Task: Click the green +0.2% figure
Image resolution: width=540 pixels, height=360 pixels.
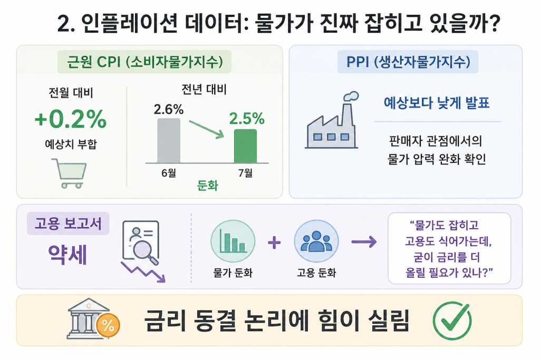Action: [x=71, y=119]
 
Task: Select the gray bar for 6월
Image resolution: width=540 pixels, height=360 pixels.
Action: [x=169, y=140]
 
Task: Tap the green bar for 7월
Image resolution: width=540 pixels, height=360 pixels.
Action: [x=245, y=146]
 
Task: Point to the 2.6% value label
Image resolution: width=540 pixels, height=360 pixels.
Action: [x=168, y=110]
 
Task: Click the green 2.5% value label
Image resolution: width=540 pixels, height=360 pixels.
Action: [x=247, y=119]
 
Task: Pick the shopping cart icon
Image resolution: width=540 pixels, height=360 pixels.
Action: [x=69, y=173]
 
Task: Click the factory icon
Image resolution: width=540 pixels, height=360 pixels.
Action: [x=332, y=120]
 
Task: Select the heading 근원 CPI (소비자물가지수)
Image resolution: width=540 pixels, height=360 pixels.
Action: [x=144, y=62]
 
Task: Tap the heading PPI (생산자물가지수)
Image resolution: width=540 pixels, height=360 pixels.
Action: [x=408, y=62]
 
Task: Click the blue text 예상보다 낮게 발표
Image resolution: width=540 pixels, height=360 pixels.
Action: [x=437, y=103]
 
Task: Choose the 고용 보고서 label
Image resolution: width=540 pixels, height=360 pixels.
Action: [x=68, y=223]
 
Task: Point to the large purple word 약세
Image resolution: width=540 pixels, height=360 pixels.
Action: [x=68, y=255]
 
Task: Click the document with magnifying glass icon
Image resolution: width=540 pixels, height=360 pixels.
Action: [x=141, y=242]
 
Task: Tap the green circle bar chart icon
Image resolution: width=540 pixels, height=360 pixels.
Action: [x=233, y=241]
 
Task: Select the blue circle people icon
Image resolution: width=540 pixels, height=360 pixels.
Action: [x=316, y=241]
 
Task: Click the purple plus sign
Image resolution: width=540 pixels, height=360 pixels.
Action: [x=274, y=242]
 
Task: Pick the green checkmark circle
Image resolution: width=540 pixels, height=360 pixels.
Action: [x=452, y=321]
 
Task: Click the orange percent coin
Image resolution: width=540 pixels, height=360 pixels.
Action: [x=108, y=325]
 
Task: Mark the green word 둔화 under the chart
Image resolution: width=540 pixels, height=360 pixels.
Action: [x=208, y=186]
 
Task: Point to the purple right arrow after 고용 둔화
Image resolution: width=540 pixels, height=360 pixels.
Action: [x=364, y=242]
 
